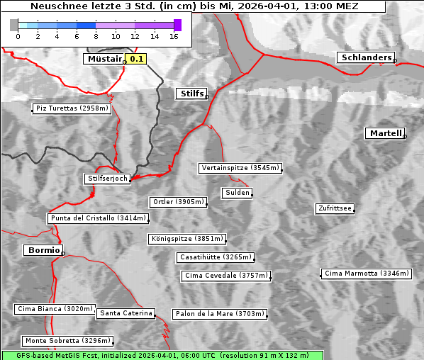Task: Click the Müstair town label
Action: (104, 59)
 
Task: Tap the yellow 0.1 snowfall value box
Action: (135, 59)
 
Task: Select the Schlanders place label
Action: (366, 57)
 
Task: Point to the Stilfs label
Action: (191, 94)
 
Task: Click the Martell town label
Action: (385, 133)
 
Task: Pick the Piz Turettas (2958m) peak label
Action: (72, 108)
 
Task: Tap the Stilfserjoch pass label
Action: (107, 179)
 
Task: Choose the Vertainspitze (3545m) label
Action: (240, 168)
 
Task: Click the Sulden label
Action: (237, 193)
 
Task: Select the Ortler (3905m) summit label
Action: (178, 202)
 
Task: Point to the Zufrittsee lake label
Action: (335, 208)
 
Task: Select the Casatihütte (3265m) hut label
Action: (215, 257)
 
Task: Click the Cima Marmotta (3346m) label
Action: (366, 274)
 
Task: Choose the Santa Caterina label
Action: (125, 313)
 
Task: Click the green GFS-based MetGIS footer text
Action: (162, 355)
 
